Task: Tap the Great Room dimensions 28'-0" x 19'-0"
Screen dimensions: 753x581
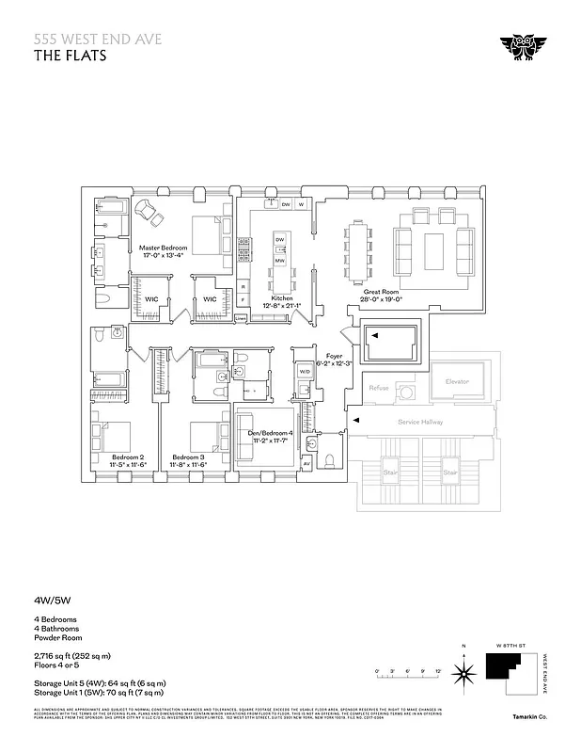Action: [383, 299]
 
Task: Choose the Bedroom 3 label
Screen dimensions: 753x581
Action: [188, 457]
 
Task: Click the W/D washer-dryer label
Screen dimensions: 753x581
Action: [304, 372]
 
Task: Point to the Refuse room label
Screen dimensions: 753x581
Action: [379, 388]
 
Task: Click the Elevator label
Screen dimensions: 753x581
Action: [456, 381]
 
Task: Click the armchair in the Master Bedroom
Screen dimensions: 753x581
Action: [147, 209]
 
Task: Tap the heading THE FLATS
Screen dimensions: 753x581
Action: [71, 55]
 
